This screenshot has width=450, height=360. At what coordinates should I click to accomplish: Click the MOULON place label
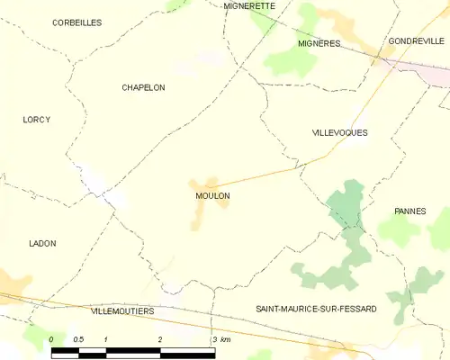click(x=211, y=195)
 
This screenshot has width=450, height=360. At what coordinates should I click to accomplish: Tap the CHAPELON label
click(x=143, y=87)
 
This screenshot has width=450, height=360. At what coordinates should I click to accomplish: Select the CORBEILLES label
click(x=76, y=22)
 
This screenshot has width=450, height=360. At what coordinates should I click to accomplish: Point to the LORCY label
click(x=36, y=120)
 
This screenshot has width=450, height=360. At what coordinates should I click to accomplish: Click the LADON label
click(x=42, y=243)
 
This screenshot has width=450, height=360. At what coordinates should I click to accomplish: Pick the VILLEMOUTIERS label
click(x=122, y=310)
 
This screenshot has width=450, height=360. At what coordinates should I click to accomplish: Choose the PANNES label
click(x=409, y=211)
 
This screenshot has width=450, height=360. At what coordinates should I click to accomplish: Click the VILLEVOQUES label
click(x=339, y=132)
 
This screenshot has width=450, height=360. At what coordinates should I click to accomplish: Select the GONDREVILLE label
click(x=416, y=41)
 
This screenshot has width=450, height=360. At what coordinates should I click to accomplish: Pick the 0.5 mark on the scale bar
click(x=79, y=338)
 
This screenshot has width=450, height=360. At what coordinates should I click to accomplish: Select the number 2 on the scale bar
click(x=160, y=338)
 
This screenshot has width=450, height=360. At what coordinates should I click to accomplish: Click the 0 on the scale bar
click(x=52, y=338)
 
